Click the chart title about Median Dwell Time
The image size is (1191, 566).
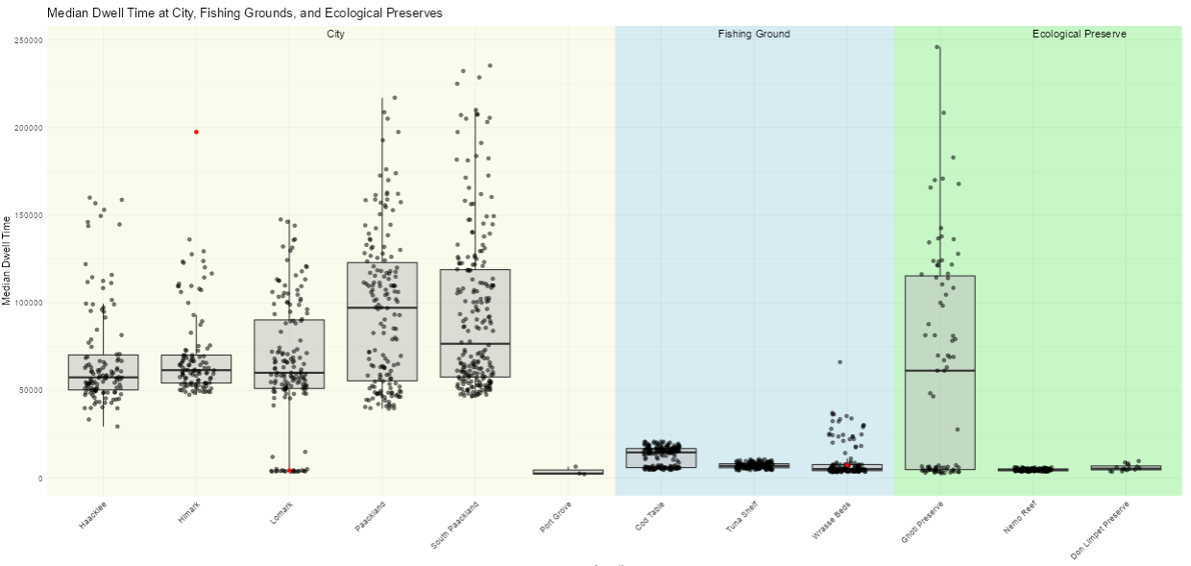[x=245, y=13]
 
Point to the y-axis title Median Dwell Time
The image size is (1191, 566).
[x=8, y=260]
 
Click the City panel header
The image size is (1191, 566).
[x=335, y=35]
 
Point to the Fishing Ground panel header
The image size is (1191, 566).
[x=754, y=35]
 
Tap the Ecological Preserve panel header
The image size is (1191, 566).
[x=1079, y=35]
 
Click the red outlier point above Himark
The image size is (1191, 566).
[x=196, y=132]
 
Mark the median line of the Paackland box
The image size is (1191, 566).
[x=381, y=308]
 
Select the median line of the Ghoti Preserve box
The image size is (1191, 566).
[x=939, y=370]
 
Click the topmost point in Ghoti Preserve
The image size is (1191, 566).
[x=937, y=47]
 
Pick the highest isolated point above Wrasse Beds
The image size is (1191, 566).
[x=839, y=362]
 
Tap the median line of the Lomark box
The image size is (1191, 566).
[x=289, y=372]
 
